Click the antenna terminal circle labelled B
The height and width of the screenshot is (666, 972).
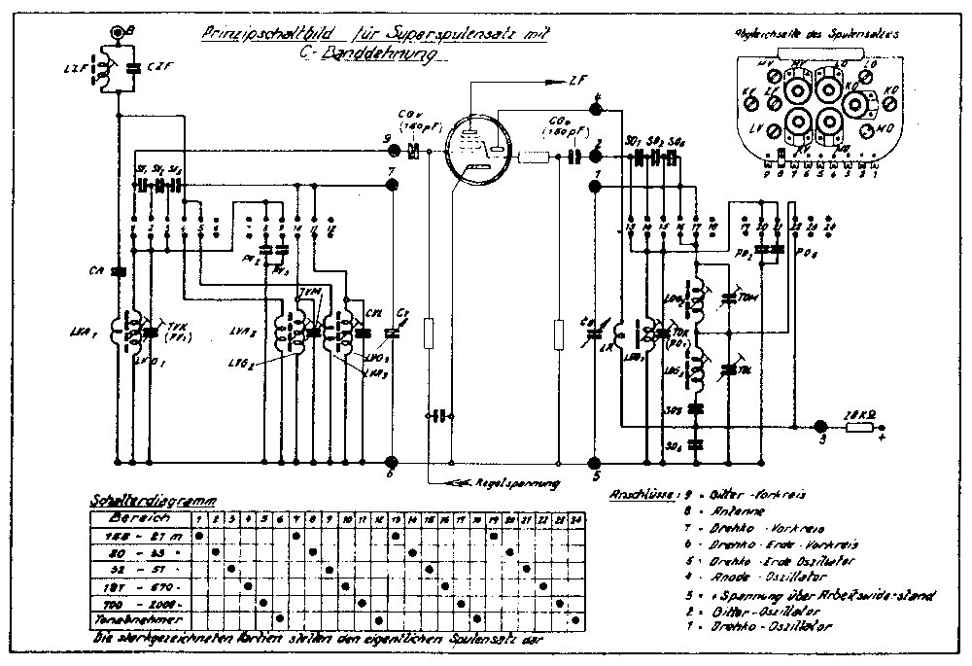tap(119, 33)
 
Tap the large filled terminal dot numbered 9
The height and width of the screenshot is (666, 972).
tap(393, 152)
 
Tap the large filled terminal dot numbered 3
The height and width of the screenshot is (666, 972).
tap(820, 425)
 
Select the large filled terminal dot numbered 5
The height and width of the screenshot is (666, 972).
tap(597, 461)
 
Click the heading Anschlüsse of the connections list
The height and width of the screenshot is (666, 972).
tap(633, 494)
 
